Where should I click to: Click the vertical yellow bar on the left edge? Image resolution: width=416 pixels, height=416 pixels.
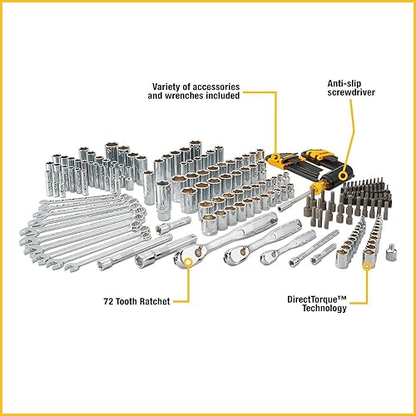click(x=2, y=208)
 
